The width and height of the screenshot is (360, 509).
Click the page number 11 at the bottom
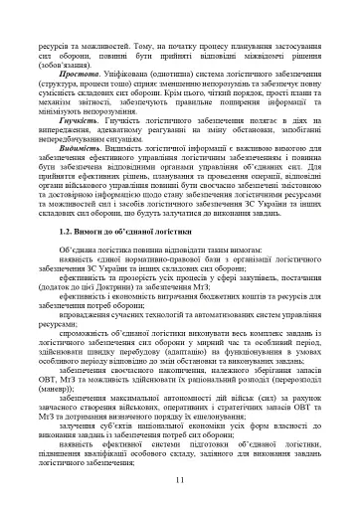click(x=180, y=480)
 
